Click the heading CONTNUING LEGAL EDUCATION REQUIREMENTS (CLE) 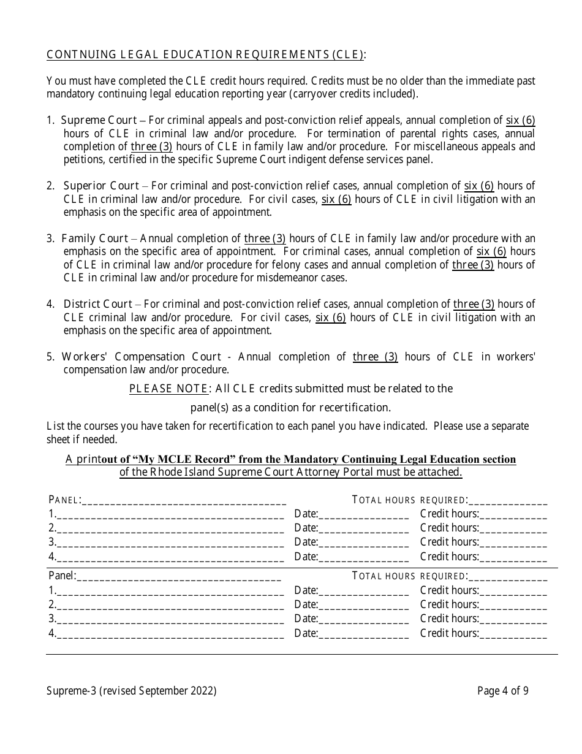point(206,55)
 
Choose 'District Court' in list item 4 point(97,304)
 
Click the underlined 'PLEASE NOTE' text point(168,389)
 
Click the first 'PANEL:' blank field point(183,501)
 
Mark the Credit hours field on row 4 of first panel point(513,558)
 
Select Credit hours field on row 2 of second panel point(513,606)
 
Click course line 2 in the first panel point(170,529)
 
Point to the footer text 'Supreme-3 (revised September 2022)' point(131,691)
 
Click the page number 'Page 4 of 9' point(503,691)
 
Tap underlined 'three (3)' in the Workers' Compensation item point(375,357)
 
